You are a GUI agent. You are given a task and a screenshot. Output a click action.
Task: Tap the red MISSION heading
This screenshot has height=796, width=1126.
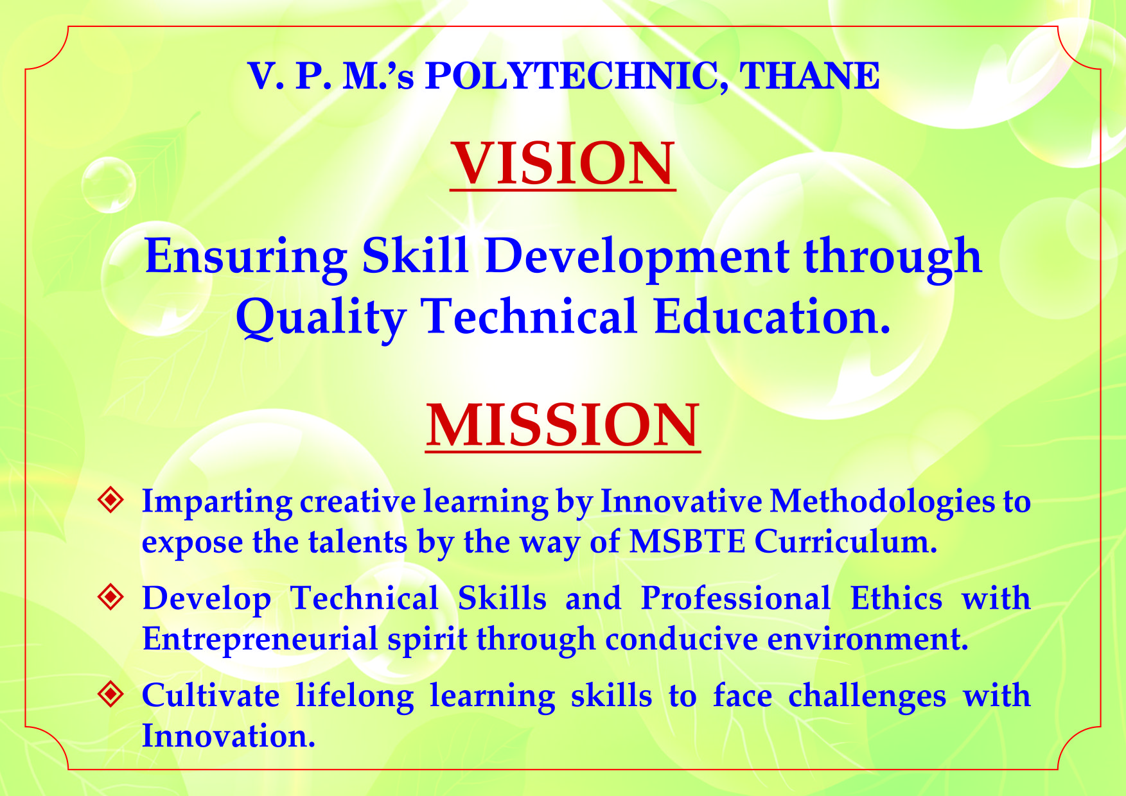[563, 425]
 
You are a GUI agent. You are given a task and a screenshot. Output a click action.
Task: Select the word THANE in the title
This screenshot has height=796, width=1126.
[809, 76]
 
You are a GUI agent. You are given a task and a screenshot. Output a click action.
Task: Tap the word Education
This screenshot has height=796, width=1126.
[772, 316]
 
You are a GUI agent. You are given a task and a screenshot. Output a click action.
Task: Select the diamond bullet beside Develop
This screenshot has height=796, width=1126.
[110, 597]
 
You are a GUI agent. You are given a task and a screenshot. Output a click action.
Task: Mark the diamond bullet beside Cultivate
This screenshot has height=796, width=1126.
[110, 694]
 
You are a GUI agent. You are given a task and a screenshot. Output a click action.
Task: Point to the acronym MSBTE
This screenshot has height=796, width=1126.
[687, 541]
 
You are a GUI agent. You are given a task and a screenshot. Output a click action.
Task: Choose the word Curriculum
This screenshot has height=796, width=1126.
[846, 541]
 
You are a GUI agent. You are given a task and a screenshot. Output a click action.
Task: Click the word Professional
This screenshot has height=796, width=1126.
[736, 598]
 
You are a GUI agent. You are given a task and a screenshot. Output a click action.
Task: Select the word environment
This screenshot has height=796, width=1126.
[868, 639]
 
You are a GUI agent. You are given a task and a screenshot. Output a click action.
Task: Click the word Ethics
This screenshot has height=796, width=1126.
[896, 598]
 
